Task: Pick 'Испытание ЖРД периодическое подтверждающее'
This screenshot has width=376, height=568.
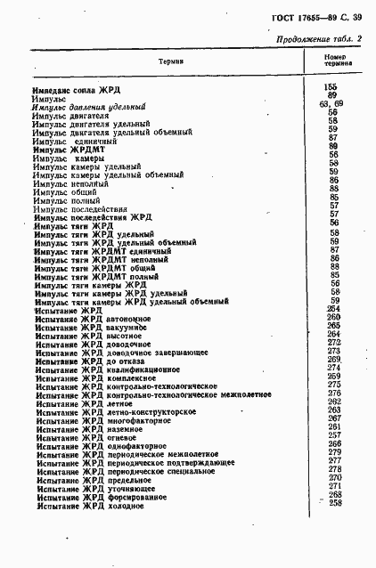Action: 134,462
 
